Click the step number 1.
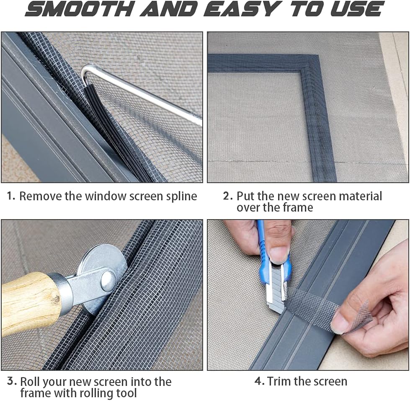(11, 196)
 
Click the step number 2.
(227, 196)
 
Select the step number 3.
(12, 381)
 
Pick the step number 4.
(259, 381)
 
